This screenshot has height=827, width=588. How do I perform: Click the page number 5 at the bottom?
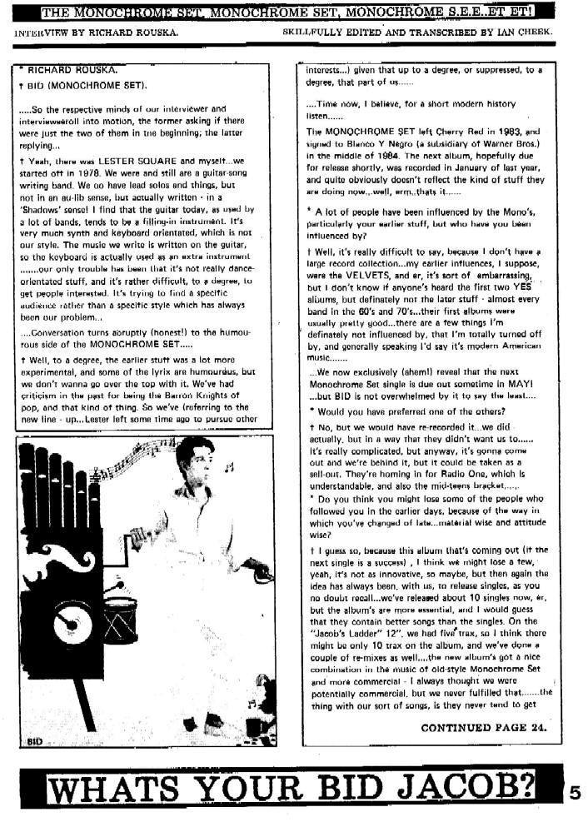(x=575, y=793)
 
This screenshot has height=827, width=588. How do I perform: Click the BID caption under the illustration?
(x=34, y=740)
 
